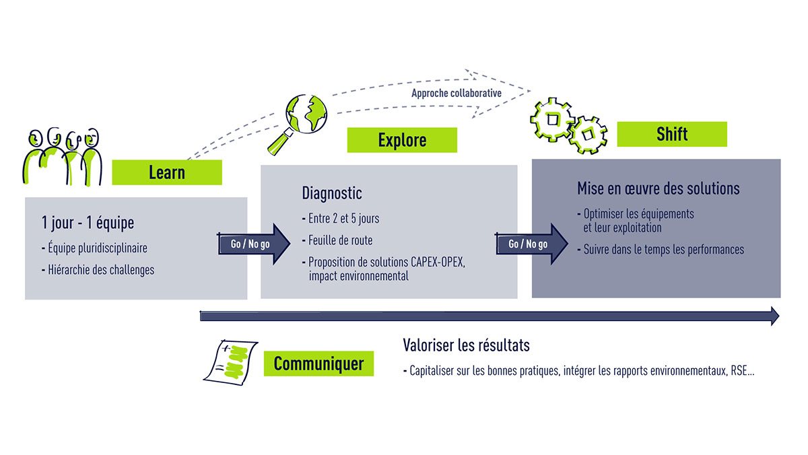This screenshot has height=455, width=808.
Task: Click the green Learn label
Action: pos(166,172)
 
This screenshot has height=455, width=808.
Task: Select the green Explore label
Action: pos(402,140)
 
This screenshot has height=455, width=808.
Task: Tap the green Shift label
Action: pos(671,134)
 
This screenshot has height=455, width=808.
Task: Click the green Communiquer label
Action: pos(318,363)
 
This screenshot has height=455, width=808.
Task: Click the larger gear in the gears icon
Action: pos(552,120)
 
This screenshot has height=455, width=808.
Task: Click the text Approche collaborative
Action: pos(457,93)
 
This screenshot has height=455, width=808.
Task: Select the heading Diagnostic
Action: pos(332,193)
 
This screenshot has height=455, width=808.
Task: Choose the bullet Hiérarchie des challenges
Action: pos(98,271)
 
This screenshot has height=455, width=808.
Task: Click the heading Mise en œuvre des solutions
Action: pos(658,188)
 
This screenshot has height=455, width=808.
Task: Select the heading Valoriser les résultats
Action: pos(466,345)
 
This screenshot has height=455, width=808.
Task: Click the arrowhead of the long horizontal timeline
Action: pos(774,316)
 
